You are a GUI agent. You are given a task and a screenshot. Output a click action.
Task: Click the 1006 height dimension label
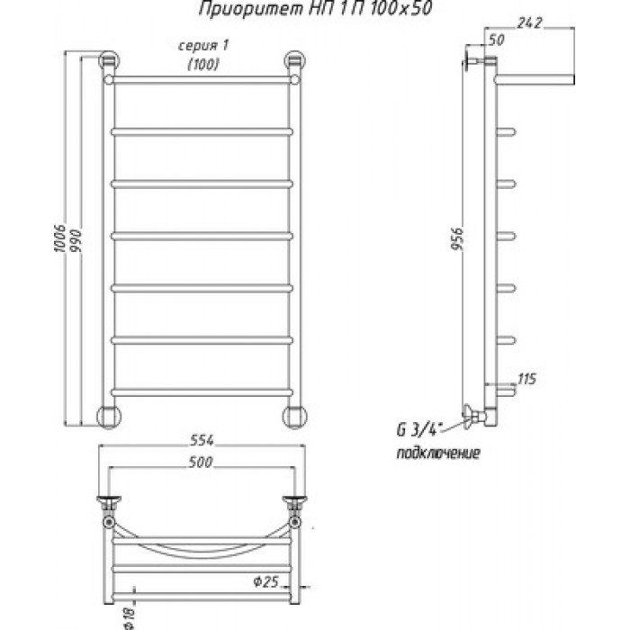point(60,238)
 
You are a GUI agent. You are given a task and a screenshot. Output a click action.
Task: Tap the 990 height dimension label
point(76,240)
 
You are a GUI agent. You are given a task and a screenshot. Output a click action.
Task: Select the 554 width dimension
point(202,440)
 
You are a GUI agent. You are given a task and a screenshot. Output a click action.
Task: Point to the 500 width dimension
point(201,462)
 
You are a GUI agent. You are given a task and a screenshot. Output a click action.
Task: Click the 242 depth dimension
point(529,22)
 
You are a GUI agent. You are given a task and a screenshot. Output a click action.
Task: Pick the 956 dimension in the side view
point(457,238)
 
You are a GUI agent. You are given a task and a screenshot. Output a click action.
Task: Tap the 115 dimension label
point(526,379)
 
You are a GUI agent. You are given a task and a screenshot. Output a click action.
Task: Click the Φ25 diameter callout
point(266,581)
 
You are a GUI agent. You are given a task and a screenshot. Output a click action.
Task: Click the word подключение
point(438,453)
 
